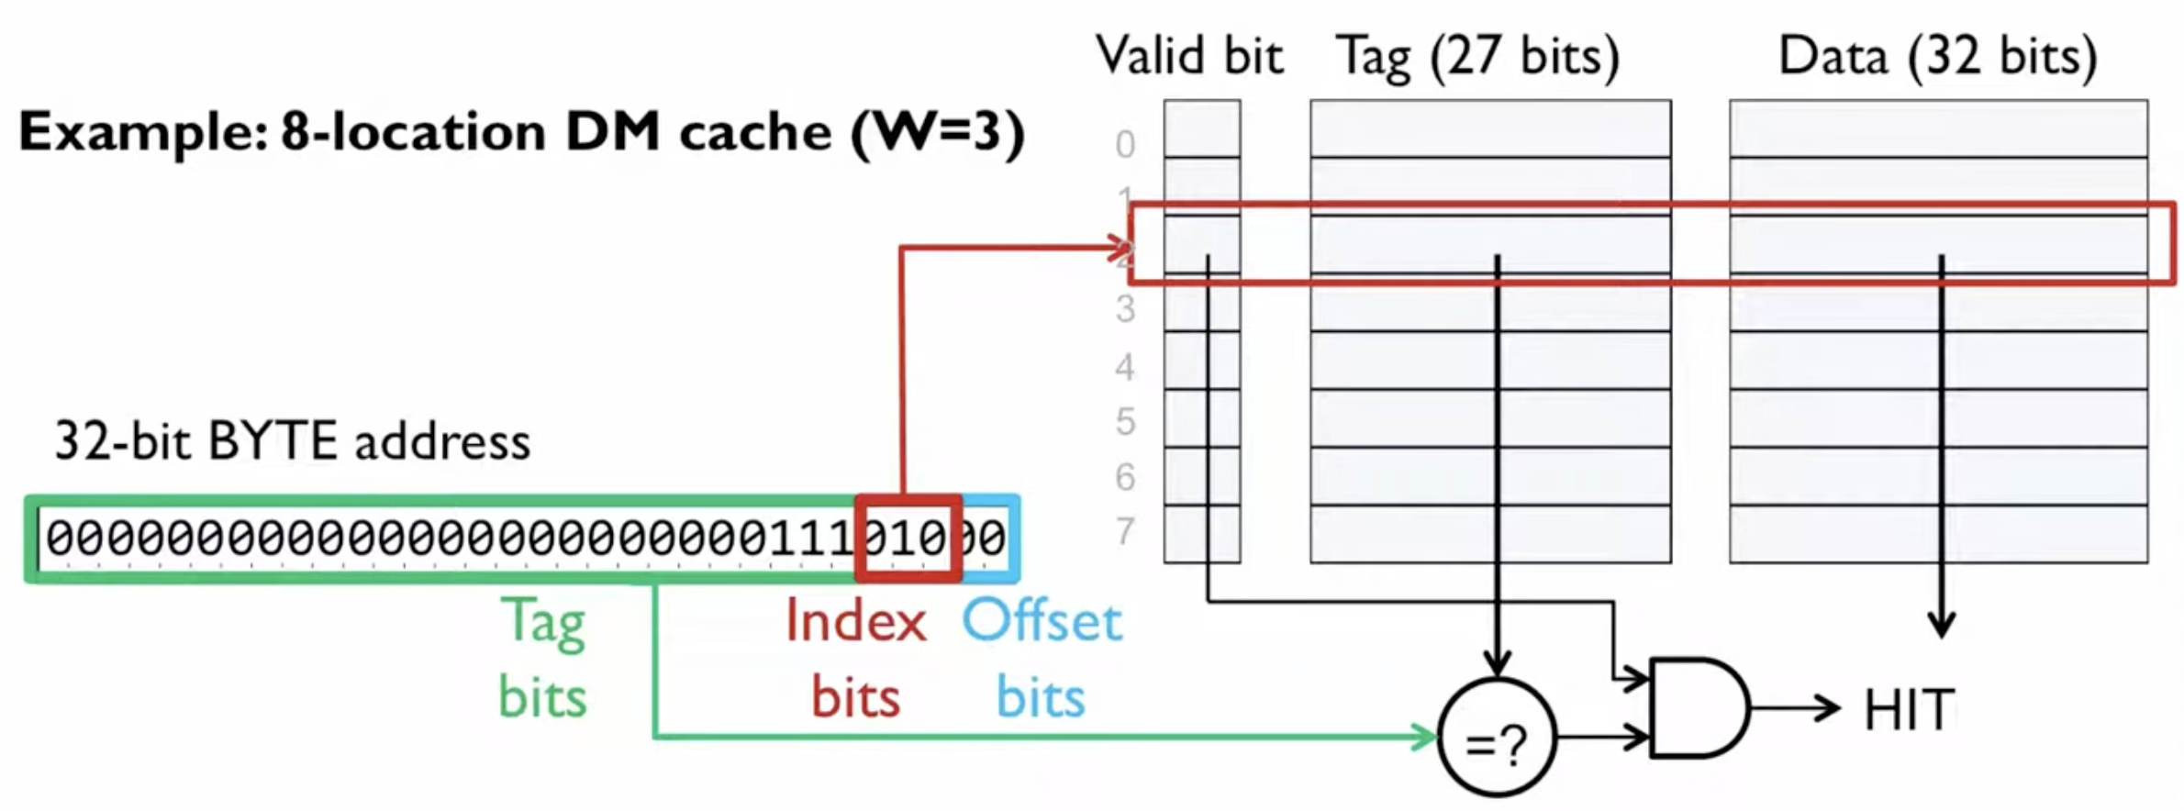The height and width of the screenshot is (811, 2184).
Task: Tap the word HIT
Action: tap(1909, 710)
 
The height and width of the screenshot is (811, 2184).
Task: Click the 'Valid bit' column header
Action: tap(1189, 56)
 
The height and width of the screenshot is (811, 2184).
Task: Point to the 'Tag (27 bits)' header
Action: tap(1477, 56)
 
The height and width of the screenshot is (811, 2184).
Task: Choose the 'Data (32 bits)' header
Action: tap(1937, 56)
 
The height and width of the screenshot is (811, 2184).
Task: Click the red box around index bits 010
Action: tap(908, 539)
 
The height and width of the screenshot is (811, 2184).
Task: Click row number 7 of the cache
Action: tap(1125, 531)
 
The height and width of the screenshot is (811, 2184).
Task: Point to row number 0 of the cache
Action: tap(1125, 144)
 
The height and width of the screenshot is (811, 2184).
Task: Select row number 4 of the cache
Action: tap(1125, 367)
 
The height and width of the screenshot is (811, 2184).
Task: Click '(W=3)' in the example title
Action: tap(937, 132)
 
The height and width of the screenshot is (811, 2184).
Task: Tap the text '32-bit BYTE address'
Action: tap(292, 441)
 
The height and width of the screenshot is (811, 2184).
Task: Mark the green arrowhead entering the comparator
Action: tap(1426, 736)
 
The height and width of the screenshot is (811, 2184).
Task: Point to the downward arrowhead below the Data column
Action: tap(1941, 626)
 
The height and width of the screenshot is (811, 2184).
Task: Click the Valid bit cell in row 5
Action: tap(1202, 419)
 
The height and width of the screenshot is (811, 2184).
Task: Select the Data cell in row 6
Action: tap(1938, 476)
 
